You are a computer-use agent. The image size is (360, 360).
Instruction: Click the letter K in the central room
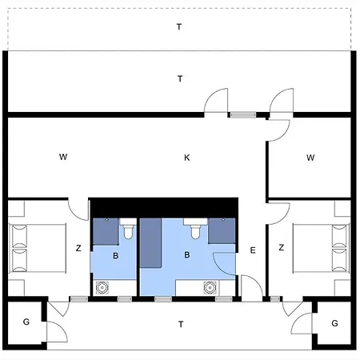pyautogui.click(x=186, y=158)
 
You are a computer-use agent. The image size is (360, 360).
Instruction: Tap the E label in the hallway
pyautogui.click(x=252, y=250)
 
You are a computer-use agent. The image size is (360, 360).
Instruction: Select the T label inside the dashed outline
pyautogui.click(x=179, y=26)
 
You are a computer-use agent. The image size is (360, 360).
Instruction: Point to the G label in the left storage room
pyautogui.click(x=26, y=322)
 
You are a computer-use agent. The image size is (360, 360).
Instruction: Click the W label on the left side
pyautogui.click(x=62, y=157)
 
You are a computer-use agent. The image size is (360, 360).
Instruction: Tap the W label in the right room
pyautogui.click(x=310, y=157)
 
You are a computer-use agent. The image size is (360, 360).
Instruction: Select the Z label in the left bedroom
pyautogui.click(x=78, y=248)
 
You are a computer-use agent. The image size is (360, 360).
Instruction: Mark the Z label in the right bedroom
pyautogui.click(x=281, y=248)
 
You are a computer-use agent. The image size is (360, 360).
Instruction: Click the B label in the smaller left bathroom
pyautogui.click(x=116, y=256)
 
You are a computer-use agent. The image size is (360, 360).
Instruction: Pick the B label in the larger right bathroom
pyautogui.click(x=186, y=256)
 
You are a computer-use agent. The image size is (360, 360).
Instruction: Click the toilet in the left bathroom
pyautogui.click(x=127, y=230)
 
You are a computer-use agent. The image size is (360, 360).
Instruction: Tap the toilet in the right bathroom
pyautogui.click(x=194, y=230)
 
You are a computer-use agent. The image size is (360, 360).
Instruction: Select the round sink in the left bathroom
pyautogui.click(x=102, y=287)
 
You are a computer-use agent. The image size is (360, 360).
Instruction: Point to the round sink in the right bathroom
pyautogui.click(x=210, y=287)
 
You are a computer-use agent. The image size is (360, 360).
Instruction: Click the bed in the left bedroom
pyautogui.click(x=36, y=247)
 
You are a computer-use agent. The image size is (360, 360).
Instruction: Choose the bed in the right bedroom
pyautogui.click(x=322, y=247)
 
